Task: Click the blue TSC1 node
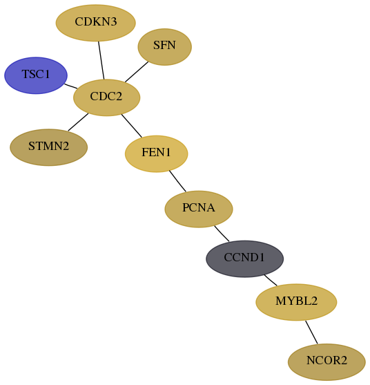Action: (36, 75)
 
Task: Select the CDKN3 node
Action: (96, 23)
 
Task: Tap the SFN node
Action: (164, 46)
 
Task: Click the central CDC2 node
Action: (107, 97)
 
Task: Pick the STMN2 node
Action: (48, 147)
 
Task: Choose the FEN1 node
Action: (157, 153)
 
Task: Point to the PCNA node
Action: (199, 209)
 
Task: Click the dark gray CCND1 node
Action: (244, 259)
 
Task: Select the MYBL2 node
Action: (296, 302)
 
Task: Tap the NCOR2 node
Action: (327, 362)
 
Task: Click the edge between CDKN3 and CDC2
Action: (101, 60)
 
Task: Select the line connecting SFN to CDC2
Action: (137, 72)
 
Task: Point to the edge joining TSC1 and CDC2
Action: (71, 86)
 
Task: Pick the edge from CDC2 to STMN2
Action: (78, 122)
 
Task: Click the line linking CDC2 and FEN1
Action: (131, 126)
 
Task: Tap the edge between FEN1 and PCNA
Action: (177, 181)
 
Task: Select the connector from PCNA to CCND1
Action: (222, 234)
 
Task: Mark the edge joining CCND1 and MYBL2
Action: (271, 280)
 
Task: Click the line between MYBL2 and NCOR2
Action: (311, 332)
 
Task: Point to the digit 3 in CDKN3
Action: (113, 21)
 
